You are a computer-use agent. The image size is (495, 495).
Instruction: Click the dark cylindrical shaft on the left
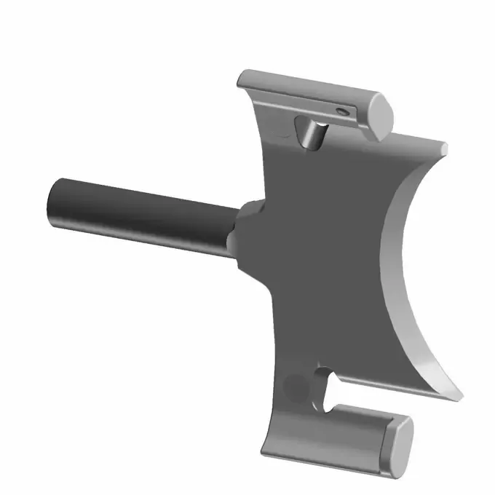pyautogui.click(x=138, y=212)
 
